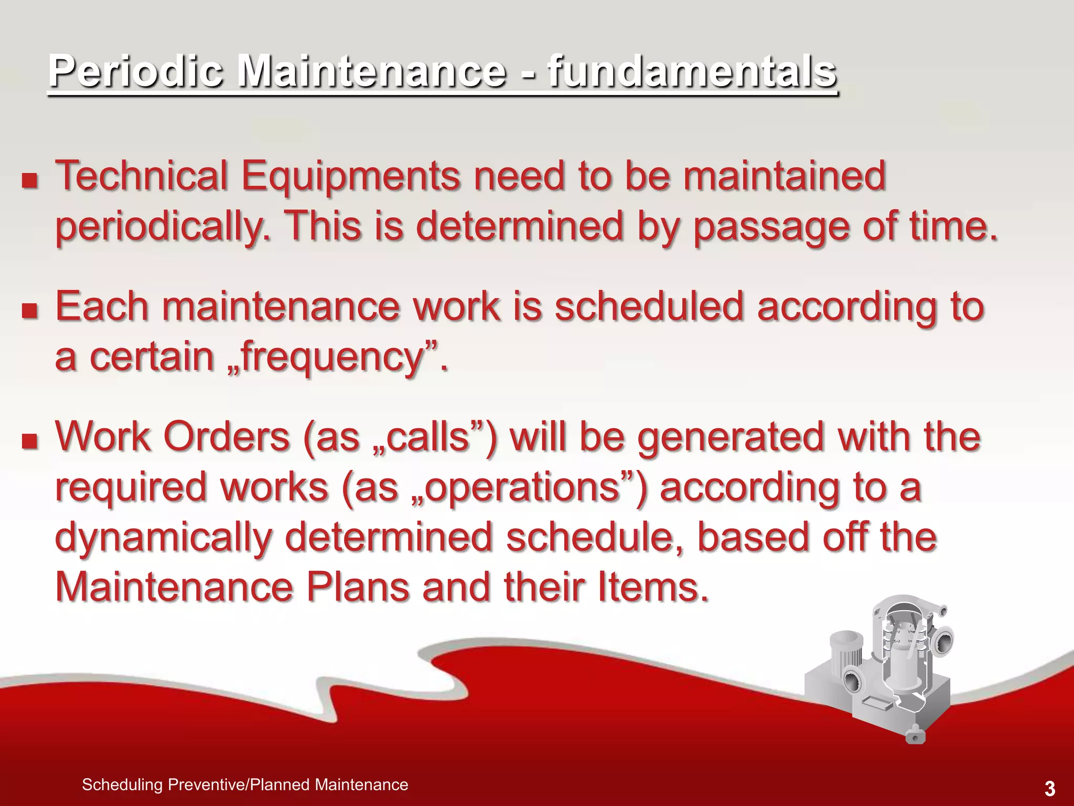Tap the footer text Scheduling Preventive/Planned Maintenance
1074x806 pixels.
tap(245, 785)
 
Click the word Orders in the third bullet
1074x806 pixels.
tap(225, 437)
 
